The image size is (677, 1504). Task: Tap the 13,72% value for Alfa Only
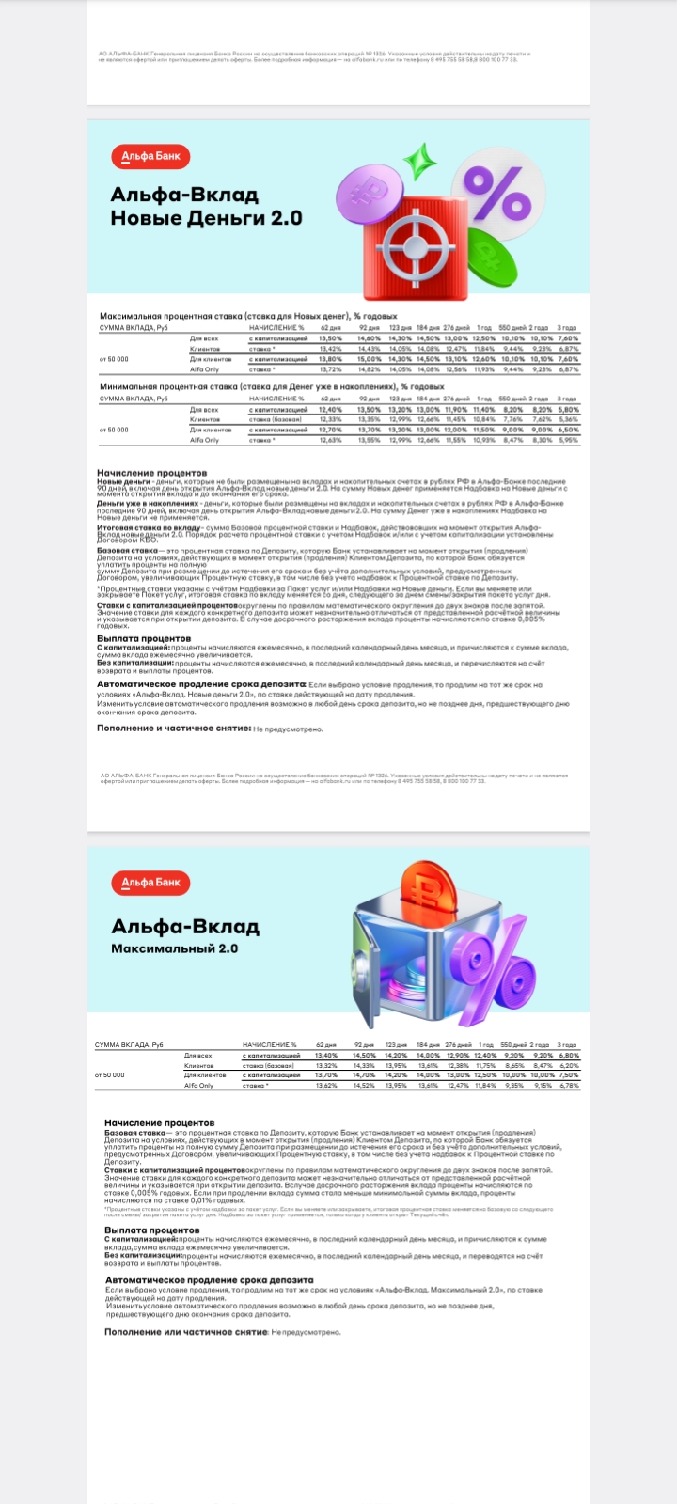[330, 369]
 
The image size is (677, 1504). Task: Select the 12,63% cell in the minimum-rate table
[330, 440]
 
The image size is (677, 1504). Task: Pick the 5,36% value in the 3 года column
[568, 419]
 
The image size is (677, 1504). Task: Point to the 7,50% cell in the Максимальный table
[568, 1074]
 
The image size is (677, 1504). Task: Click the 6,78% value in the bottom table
[568, 1086]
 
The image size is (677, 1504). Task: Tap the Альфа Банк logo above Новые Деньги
[150, 156]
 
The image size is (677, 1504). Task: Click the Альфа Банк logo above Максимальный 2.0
[150, 883]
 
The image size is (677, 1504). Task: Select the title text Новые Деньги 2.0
[206, 218]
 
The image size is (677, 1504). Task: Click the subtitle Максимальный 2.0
[174, 948]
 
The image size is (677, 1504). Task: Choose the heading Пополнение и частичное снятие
[173, 728]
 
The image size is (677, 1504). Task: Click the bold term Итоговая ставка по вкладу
[149, 528]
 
